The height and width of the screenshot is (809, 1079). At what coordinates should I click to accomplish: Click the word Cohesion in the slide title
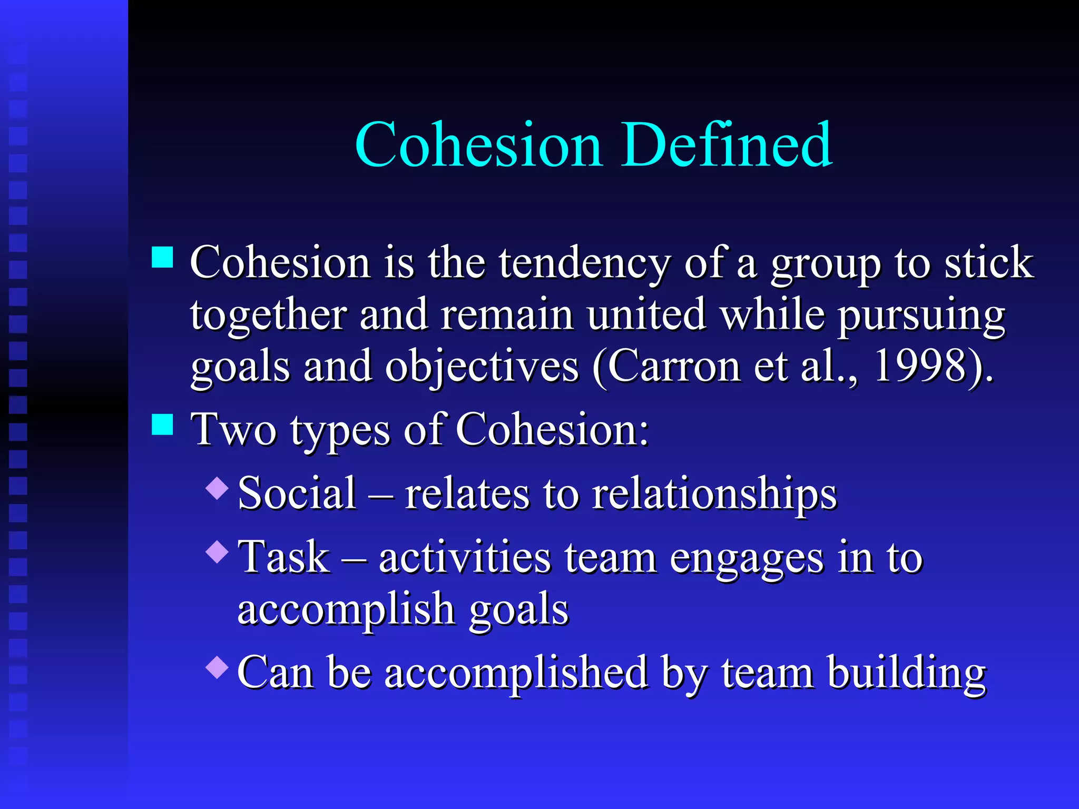[x=478, y=145]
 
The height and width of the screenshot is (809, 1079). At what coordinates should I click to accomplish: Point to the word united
[x=646, y=315]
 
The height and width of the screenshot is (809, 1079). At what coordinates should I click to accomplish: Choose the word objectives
[x=482, y=368]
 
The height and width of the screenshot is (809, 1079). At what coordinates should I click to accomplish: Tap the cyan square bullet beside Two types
[x=162, y=425]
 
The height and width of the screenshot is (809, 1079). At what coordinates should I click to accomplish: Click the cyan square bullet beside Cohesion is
[x=162, y=258]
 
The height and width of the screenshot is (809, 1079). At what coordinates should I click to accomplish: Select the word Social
[x=297, y=494]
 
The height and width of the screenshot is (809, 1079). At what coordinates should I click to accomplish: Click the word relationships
[x=714, y=495]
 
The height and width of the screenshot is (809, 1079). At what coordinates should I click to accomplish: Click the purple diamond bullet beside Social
[x=217, y=488]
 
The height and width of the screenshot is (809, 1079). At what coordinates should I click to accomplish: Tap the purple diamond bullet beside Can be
[x=217, y=667]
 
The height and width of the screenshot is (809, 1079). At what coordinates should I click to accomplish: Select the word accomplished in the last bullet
[x=516, y=674]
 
